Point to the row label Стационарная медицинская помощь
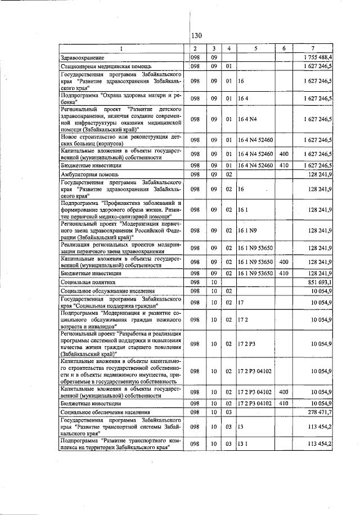[102, 66]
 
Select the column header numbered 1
[123, 48]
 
